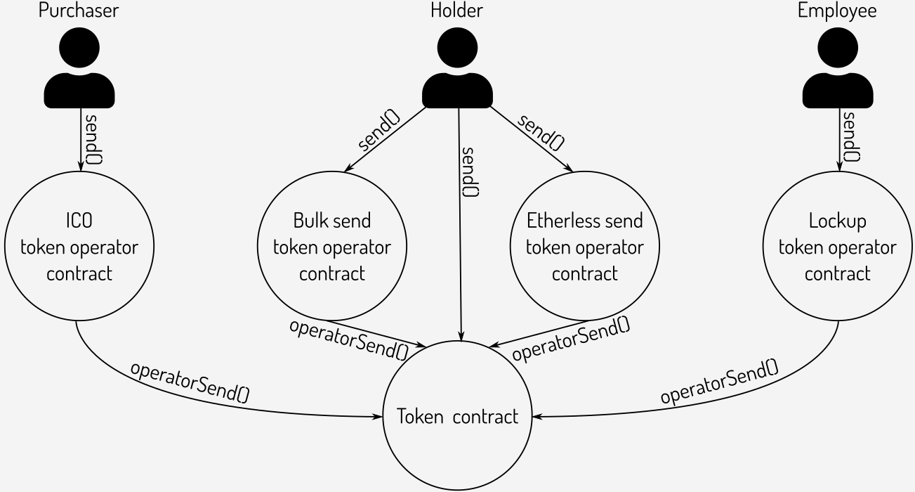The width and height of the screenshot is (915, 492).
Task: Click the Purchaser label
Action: pyautogui.click(x=79, y=11)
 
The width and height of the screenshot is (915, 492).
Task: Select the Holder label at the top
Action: pyautogui.click(x=457, y=11)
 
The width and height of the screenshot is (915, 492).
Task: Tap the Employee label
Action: pyautogui.click(x=837, y=11)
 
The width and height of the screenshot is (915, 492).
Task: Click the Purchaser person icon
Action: pyautogui.click(x=79, y=70)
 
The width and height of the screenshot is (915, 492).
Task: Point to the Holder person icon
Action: pyautogui.click(x=457, y=70)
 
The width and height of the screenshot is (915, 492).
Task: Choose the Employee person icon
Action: pyautogui.click(x=837, y=70)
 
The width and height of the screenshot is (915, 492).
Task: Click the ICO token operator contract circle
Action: pyautogui.click(x=79, y=247)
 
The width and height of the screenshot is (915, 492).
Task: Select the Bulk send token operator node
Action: pyautogui.click(x=332, y=247)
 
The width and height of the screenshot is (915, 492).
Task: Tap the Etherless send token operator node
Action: pyautogui.click(x=584, y=247)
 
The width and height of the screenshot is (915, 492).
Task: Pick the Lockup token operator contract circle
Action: pyautogui.click(x=837, y=247)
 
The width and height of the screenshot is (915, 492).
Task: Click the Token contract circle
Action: pyautogui.click(x=457, y=416)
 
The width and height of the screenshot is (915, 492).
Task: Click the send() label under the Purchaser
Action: pyautogui.click(x=92, y=136)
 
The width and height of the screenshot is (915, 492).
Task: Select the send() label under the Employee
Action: pyautogui.click(x=850, y=136)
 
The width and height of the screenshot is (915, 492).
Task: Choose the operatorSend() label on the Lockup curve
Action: pyautogui.click(x=719, y=381)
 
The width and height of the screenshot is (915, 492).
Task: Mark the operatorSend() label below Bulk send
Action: pyautogui.click(x=349, y=337)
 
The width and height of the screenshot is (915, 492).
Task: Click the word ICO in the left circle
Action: pyautogui.click(x=79, y=221)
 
